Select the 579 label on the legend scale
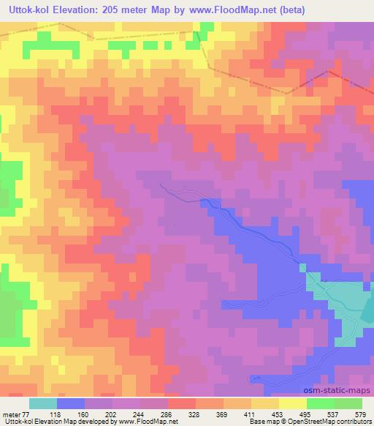pyautogui.click(x=359, y=414)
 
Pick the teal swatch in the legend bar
pyautogui.click(x=42, y=403)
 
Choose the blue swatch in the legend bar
pyautogui.click(x=71, y=403)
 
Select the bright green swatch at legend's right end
pyautogui.click(x=348, y=403)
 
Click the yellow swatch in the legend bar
pyautogui.click(x=293, y=403)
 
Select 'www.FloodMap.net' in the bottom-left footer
pyautogui.click(x=147, y=422)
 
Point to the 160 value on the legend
pyautogui.click(x=83, y=414)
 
